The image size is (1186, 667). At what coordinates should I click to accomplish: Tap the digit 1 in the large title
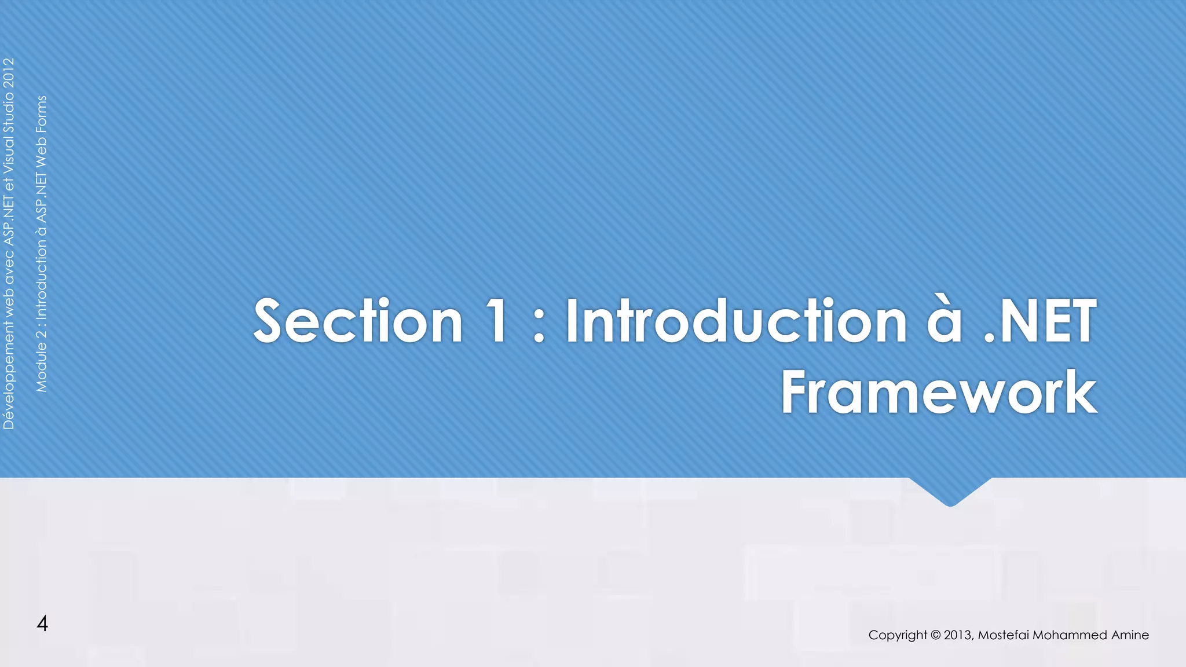coord(496,322)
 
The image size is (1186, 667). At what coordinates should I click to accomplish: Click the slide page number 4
coord(42,624)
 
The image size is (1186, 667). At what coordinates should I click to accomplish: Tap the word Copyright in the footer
coord(898,635)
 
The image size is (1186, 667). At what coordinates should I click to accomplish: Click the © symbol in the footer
coord(936,635)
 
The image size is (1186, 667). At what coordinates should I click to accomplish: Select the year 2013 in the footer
coord(958,635)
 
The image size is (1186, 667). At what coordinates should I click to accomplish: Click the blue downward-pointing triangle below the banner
coord(950,491)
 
